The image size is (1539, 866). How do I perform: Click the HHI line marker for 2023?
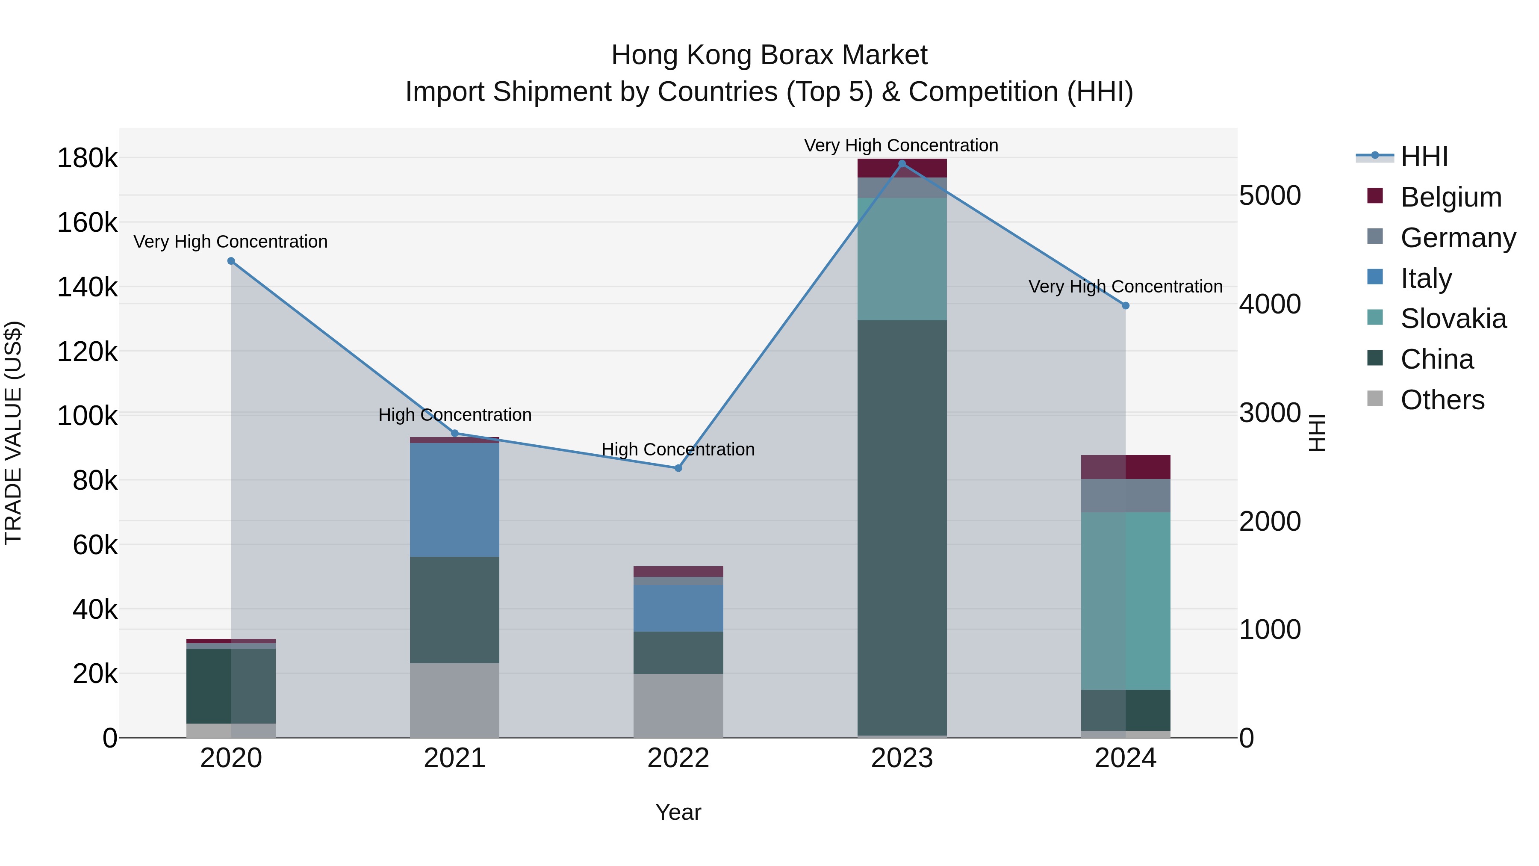[902, 164]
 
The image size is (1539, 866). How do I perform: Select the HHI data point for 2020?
[231, 261]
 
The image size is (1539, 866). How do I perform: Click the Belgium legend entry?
[1451, 197]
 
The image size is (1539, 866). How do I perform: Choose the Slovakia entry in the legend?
[1453, 319]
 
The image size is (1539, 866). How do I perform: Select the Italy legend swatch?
[1375, 277]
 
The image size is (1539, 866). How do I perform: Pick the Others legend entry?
[1442, 400]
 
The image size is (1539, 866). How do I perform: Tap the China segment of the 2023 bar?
[902, 526]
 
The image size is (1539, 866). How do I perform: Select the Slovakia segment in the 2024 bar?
[1126, 601]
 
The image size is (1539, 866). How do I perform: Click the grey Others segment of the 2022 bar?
[678, 705]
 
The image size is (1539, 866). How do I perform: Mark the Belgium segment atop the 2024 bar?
[1126, 467]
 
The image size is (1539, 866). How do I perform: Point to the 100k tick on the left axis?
[87, 416]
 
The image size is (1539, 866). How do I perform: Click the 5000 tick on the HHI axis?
[1270, 196]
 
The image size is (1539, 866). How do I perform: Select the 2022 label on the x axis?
[678, 758]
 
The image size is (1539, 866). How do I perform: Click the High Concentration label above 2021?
[455, 415]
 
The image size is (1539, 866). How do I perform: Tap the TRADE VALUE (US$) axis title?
[13, 433]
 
